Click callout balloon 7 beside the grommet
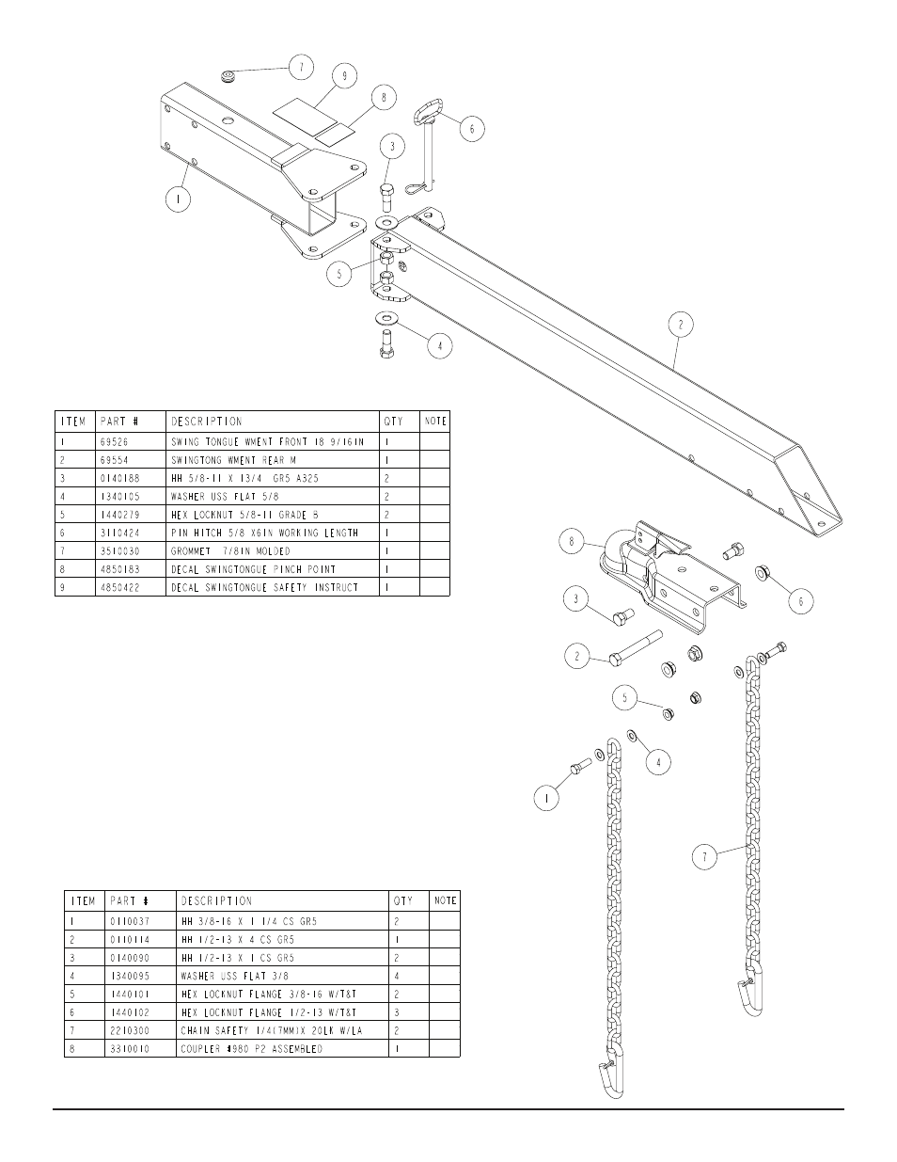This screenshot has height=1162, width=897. pos(301,67)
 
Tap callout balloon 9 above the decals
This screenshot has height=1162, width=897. pos(345,76)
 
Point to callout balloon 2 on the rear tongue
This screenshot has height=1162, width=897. pos(681,326)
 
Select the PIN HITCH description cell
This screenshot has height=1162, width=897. pos(264,533)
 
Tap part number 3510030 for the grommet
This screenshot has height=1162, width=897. pos(119,550)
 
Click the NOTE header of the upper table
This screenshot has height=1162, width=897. pos(435,421)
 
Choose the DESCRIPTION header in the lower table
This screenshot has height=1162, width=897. pos(216,900)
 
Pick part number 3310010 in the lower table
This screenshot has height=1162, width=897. pos(128,1048)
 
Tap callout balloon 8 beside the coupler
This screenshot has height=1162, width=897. pos(574,541)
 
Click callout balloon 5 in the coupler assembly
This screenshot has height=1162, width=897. pos(625,698)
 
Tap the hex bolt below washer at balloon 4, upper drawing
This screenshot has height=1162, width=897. pos(386,344)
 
